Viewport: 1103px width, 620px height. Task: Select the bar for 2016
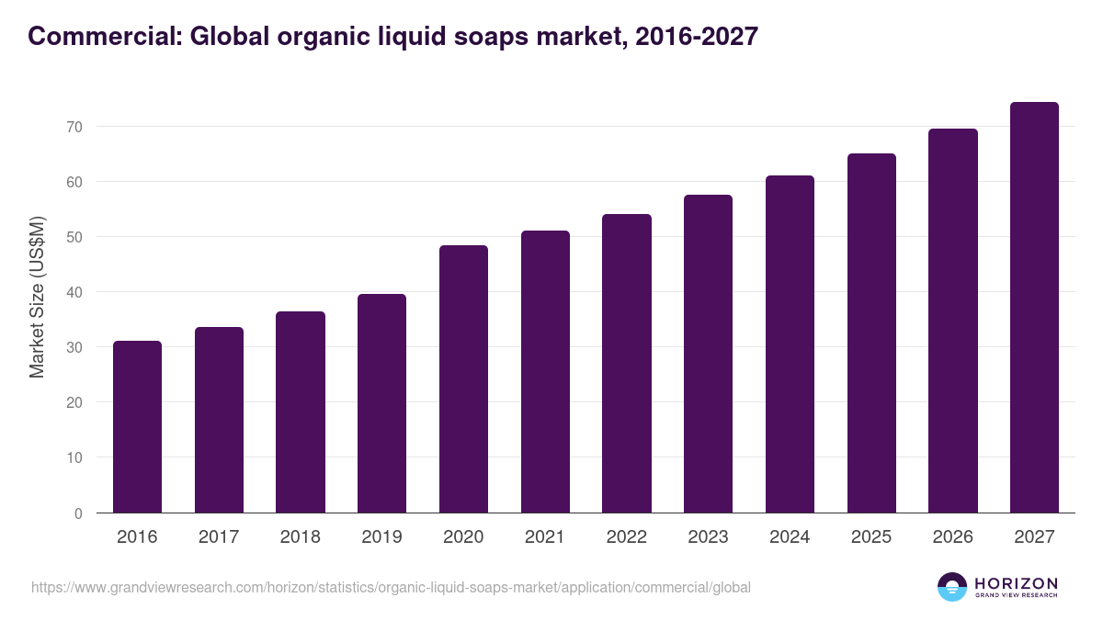coord(137,427)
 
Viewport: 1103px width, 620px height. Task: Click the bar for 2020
coord(463,379)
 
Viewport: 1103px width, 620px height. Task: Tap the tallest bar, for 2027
coord(1034,308)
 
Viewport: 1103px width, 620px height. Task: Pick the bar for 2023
coord(708,354)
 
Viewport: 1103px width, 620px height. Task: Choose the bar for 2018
coord(301,412)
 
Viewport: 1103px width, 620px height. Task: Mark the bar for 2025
coord(871,333)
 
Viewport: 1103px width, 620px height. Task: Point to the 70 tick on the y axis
coord(74,127)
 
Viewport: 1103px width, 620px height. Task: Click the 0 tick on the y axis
coord(78,513)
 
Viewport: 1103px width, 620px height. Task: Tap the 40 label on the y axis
coord(74,292)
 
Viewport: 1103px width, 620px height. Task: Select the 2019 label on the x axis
coord(381,537)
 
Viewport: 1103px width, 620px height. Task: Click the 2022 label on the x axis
coord(626,537)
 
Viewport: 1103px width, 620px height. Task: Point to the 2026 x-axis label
coord(952,537)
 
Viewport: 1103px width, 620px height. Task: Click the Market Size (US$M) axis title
coord(37,297)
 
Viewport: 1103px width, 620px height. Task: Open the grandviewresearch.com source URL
coord(391,587)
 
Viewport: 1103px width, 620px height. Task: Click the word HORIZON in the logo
coord(1016,583)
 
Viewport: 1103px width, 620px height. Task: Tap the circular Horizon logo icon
coord(952,587)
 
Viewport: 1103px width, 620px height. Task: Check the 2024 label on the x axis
coord(790,537)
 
